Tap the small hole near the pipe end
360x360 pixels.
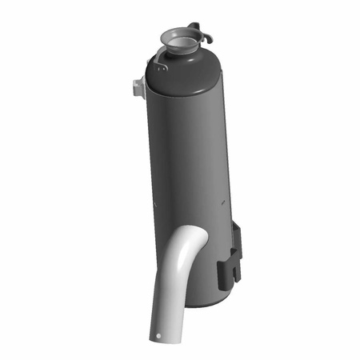tap(160, 335)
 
